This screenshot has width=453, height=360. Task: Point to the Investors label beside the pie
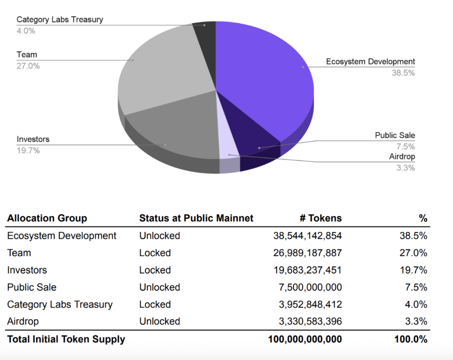click(x=33, y=139)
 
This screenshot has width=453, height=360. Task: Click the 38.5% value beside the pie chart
click(x=403, y=73)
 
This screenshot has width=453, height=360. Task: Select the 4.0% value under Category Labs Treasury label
click(x=26, y=31)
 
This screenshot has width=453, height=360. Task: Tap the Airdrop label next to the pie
click(x=402, y=157)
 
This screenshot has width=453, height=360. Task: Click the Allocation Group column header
click(x=47, y=218)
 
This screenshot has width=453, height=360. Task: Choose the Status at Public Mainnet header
click(x=196, y=218)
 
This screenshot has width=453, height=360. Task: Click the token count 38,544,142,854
click(x=307, y=236)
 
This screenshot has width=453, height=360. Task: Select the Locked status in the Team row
click(x=155, y=253)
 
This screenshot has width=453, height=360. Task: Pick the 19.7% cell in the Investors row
click(x=413, y=270)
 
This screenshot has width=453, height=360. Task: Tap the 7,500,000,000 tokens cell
click(x=310, y=287)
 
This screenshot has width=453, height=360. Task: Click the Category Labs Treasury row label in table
click(x=60, y=304)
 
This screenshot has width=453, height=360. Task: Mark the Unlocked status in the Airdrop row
click(x=160, y=321)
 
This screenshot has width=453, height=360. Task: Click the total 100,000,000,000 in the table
click(x=305, y=339)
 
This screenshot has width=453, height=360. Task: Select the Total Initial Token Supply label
click(x=66, y=339)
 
